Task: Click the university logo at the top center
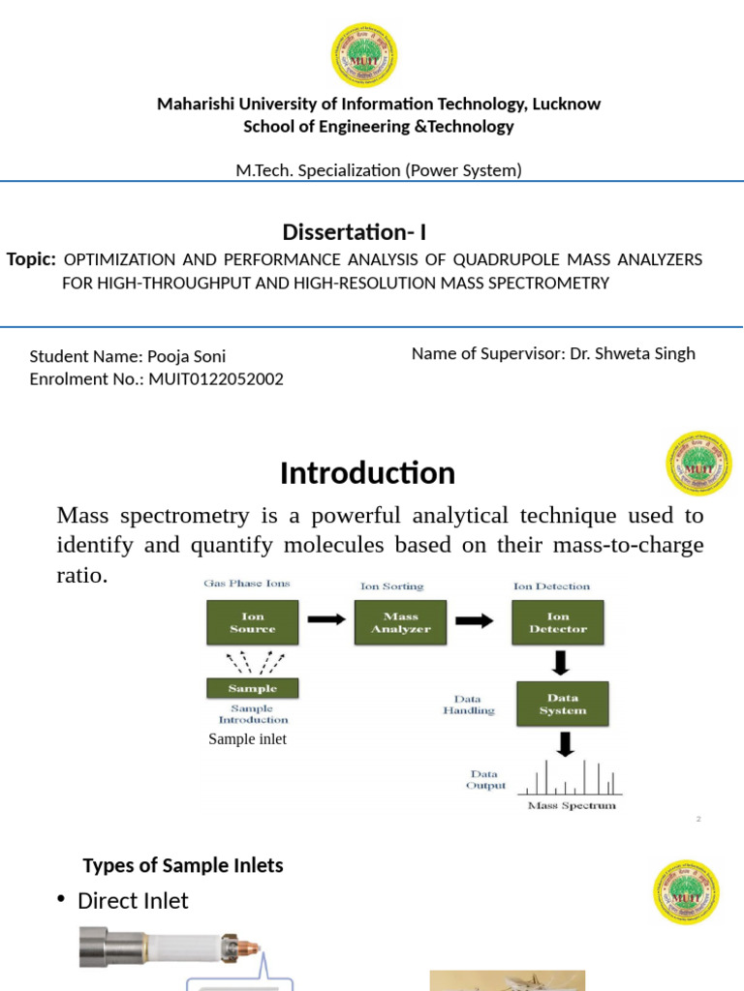(364, 54)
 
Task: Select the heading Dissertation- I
(354, 232)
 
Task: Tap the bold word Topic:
(31, 259)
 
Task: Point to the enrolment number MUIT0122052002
(214, 379)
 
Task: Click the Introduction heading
(367, 473)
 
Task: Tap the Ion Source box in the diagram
(252, 622)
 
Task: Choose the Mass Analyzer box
(400, 622)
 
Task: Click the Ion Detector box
(558, 622)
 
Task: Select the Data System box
(562, 704)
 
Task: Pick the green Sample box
(252, 688)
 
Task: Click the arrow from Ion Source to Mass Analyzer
(326, 620)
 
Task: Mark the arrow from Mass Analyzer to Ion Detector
(474, 620)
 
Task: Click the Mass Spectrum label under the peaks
(571, 805)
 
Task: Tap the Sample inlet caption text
(247, 739)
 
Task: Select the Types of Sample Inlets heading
(183, 865)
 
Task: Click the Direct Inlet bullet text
(133, 901)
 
